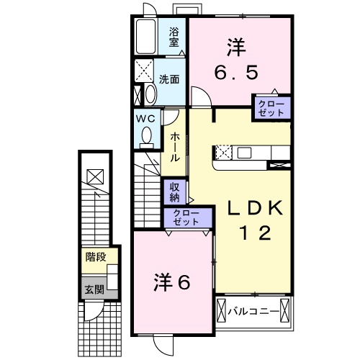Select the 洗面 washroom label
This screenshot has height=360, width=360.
click(169, 78)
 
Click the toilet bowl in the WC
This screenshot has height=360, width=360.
click(147, 135)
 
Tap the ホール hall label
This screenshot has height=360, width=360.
click(174, 148)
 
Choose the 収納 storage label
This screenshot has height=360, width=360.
click(175, 192)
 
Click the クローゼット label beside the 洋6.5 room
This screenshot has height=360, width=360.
click(271, 109)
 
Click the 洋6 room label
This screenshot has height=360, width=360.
click(172, 284)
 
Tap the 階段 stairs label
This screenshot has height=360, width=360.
click(94, 256)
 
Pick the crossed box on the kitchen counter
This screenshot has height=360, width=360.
click(223, 152)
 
